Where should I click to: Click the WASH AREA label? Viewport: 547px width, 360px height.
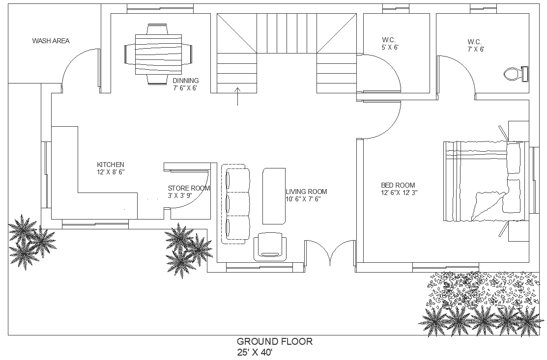51,41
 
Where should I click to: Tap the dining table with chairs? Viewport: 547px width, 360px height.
158,54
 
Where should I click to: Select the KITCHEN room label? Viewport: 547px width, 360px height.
111,165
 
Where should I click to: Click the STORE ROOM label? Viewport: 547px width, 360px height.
189,188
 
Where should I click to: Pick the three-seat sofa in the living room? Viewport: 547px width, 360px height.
235,204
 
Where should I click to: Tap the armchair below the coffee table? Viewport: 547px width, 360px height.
270,247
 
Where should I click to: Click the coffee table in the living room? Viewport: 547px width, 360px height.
274,196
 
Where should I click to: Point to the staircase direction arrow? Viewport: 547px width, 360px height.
237,96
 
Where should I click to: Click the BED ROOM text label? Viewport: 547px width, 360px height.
398,185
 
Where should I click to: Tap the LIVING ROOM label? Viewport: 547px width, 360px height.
306,192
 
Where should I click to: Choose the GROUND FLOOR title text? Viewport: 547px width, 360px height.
275,341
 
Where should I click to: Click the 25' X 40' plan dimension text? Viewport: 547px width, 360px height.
255,352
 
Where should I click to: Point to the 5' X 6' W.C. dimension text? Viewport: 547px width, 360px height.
390,47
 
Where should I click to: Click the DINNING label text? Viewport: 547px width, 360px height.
186,81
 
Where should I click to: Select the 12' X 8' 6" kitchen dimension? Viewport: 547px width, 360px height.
111,172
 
